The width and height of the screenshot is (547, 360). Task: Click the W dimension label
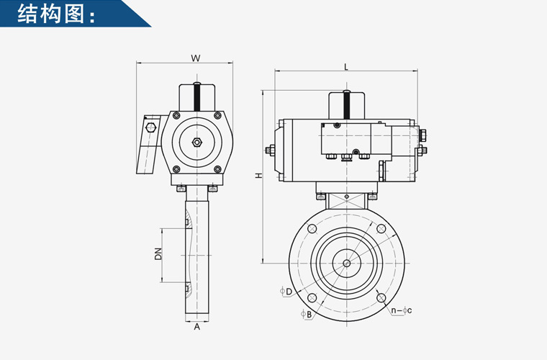tap(196, 58)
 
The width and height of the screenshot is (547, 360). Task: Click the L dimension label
tap(346, 67)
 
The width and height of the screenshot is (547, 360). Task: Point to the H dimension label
tap(258, 175)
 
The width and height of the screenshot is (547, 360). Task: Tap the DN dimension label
tap(158, 254)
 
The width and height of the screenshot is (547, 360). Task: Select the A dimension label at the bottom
tap(197, 327)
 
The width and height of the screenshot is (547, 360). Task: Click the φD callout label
tap(286, 291)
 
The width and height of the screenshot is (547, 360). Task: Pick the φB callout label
tap(307, 314)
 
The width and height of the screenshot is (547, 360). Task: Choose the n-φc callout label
tap(402, 310)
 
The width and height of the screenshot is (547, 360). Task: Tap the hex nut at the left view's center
tap(196, 142)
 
